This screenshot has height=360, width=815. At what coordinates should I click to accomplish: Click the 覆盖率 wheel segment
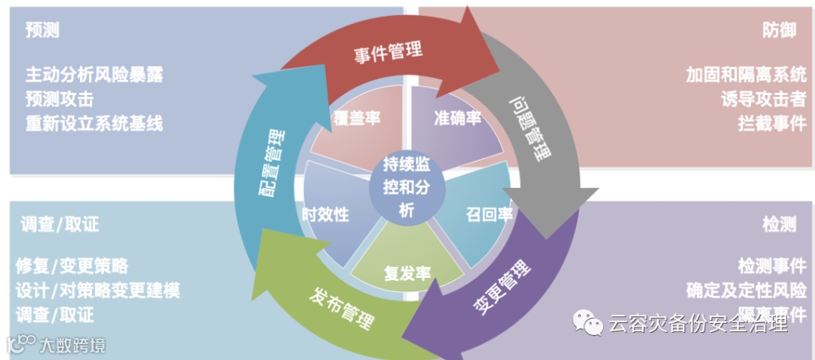coord(356,119)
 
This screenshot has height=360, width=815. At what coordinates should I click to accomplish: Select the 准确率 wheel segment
coord(457,119)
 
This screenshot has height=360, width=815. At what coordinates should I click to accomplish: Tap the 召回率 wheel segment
coord(487,214)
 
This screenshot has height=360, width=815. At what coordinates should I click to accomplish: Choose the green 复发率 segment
coord(407,271)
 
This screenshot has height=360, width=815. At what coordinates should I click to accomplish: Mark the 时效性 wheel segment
coord(325,214)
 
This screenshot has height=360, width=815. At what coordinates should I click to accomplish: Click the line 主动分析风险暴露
coord(94,75)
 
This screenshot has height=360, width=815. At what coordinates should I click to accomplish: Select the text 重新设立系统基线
coord(94,123)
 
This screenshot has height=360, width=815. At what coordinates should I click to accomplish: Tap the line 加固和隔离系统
coord(746,75)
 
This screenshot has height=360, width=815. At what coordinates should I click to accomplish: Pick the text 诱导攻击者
coord(763,99)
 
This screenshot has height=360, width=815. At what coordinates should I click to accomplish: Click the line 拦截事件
coord(772,123)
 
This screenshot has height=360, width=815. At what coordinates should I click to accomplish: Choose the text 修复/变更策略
coord(72,266)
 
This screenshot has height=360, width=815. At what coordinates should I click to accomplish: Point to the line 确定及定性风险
coord(746,290)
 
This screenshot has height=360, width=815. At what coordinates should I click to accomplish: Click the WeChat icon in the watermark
coord(587,324)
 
